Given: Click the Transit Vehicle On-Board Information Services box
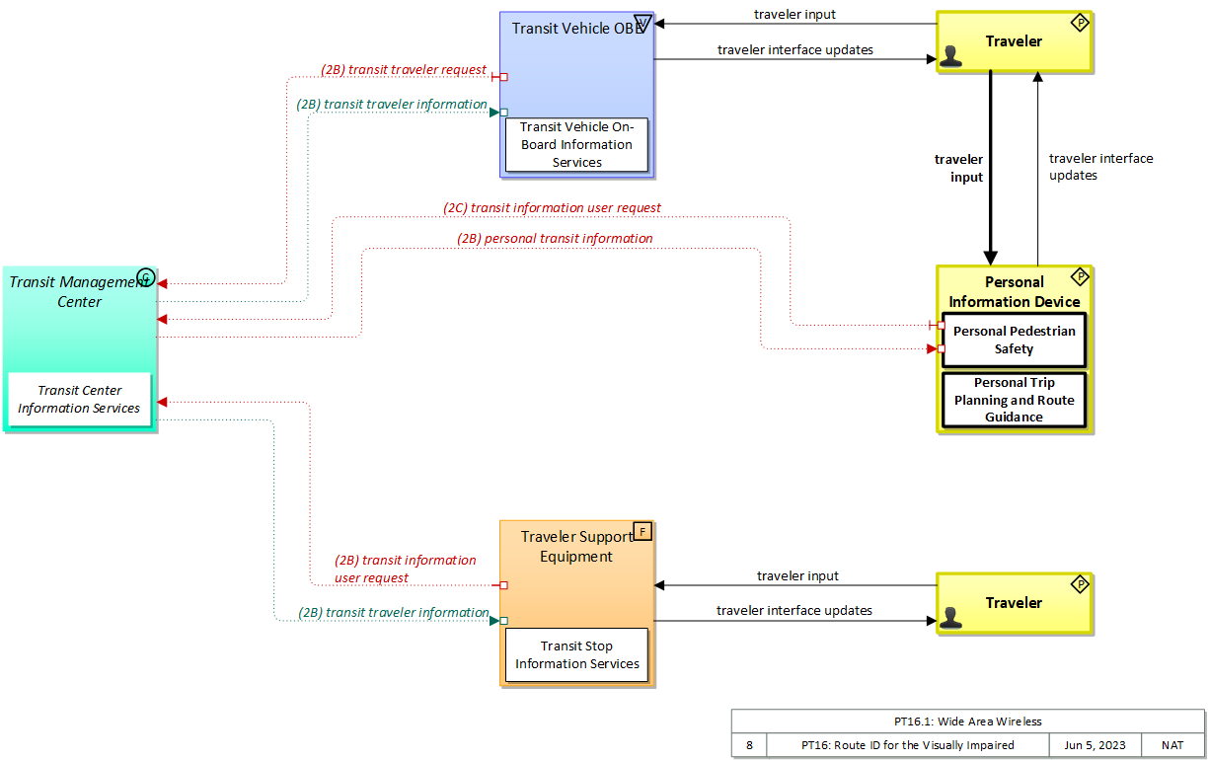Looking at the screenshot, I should pos(577,144).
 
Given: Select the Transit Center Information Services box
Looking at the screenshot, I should pos(79,400).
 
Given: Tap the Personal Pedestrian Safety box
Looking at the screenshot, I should pos(1014,340).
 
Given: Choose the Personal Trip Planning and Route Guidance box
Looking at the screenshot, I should pos(1014,400).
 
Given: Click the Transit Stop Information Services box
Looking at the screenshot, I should pos(577,654).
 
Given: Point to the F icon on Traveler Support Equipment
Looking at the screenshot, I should pos(642,531).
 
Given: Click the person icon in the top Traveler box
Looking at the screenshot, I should pos(950,55).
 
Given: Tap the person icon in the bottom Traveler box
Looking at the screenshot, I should pos(950,617).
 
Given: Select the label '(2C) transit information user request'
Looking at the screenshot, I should pos(552,208).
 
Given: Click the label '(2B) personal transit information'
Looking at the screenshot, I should pos(555,238).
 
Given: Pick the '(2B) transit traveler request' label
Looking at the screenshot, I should pos(404,70).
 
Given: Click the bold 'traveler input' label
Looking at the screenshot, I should pos(959,168).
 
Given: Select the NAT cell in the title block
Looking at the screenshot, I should pos(1172,745).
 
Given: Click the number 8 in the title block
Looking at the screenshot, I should pos(749,745).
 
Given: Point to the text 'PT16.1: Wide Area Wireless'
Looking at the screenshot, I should pos(967,722).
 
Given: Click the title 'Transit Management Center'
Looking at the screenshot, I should pos(79,291).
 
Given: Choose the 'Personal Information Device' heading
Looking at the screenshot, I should pos(1014,292).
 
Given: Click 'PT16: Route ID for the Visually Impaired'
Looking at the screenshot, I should pos(907,745).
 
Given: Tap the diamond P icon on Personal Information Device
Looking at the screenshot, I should pos(1080,276).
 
